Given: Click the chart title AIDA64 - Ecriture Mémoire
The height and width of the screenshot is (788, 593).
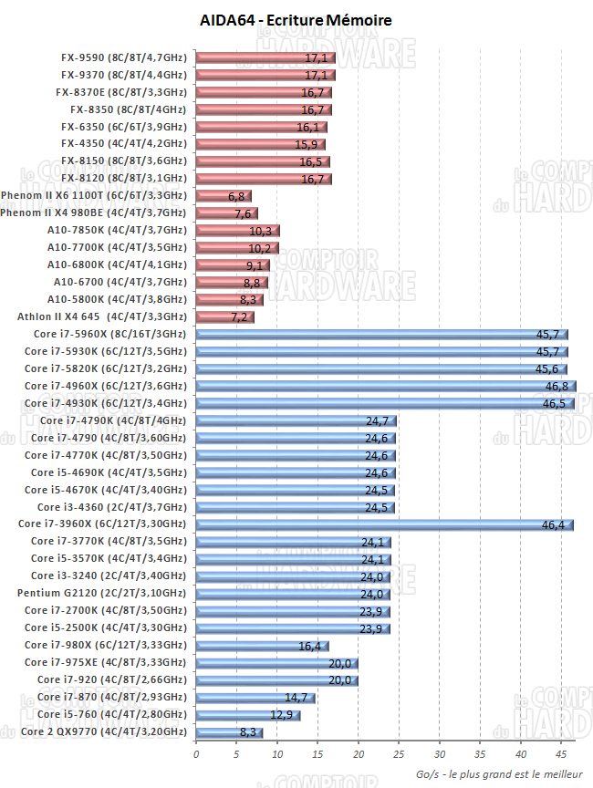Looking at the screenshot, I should pos(296,19).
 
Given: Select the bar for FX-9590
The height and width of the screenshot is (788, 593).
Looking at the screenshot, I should pos(265,58).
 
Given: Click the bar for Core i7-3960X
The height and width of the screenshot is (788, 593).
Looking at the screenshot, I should pos(384,524).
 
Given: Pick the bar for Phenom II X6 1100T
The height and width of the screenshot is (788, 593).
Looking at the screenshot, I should pos(224,196).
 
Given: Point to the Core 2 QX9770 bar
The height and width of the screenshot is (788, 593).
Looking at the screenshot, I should pos(229,731).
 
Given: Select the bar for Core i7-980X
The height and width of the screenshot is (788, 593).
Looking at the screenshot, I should pos(262,646).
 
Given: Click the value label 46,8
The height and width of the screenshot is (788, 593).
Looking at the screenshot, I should pos(557,387).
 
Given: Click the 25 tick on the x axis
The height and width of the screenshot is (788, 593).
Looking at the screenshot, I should pos(400,754).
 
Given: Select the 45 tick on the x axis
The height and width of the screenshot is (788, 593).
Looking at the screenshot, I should pos(562,754).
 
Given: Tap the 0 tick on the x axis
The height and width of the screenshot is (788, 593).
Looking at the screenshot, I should pos(196,754).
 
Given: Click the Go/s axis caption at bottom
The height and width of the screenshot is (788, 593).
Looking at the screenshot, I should pos(500,773).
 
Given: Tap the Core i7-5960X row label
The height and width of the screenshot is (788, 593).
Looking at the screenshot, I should pos(105,334).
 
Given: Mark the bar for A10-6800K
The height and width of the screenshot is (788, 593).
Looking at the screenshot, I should pos(233,265).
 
